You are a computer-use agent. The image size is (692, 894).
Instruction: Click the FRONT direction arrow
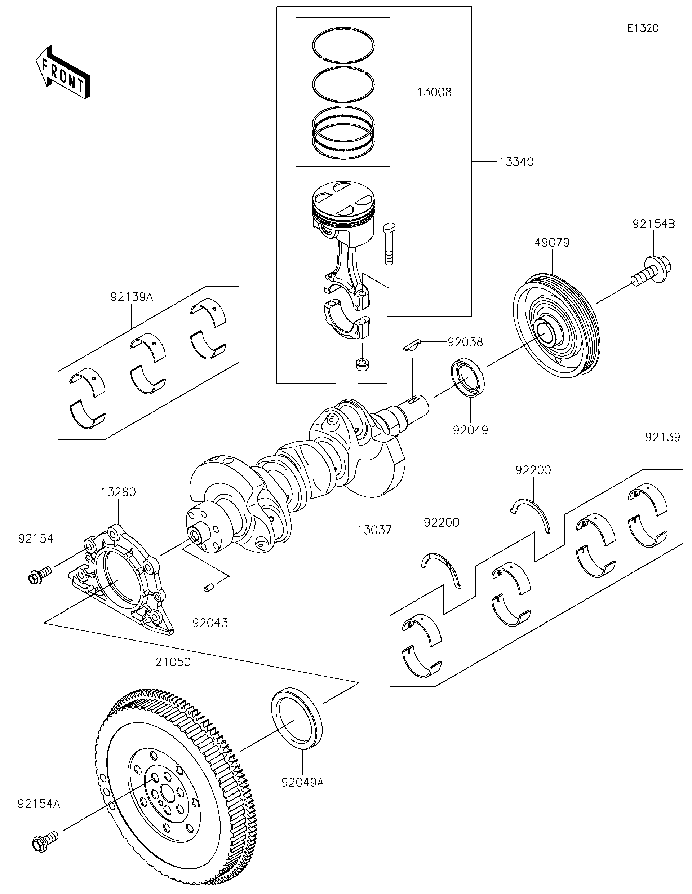[x=62, y=72]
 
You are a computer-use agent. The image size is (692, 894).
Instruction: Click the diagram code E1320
[x=643, y=28]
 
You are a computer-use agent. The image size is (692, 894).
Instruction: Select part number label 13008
[x=434, y=93]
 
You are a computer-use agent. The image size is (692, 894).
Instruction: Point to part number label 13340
[x=516, y=162]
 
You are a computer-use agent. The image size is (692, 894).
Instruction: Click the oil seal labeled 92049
[x=468, y=377]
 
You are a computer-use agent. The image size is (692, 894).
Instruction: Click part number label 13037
[x=374, y=530]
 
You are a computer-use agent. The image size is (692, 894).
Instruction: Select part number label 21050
[x=173, y=662]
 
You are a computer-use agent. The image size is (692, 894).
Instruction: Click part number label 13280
[x=118, y=492]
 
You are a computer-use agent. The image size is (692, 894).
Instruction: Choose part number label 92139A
[x=131, y=297]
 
